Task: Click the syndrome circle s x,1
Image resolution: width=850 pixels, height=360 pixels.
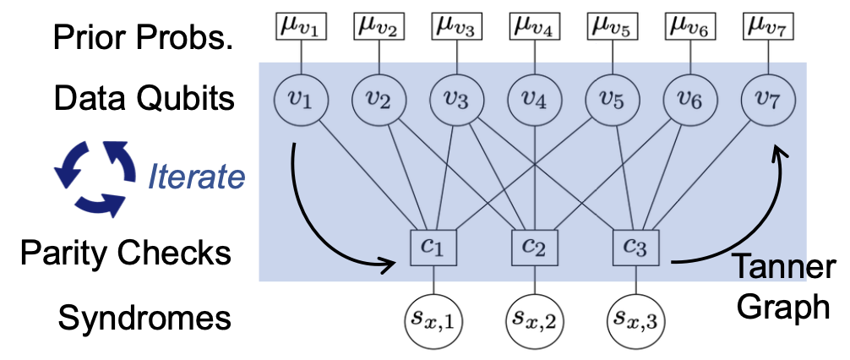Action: [x=433, y=320]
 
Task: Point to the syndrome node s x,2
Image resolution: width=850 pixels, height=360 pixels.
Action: [x=534, y=320]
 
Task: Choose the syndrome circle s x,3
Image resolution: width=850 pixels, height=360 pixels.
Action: [x=635, y=320]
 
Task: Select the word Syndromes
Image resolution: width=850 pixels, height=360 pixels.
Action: [x=144, y=319]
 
